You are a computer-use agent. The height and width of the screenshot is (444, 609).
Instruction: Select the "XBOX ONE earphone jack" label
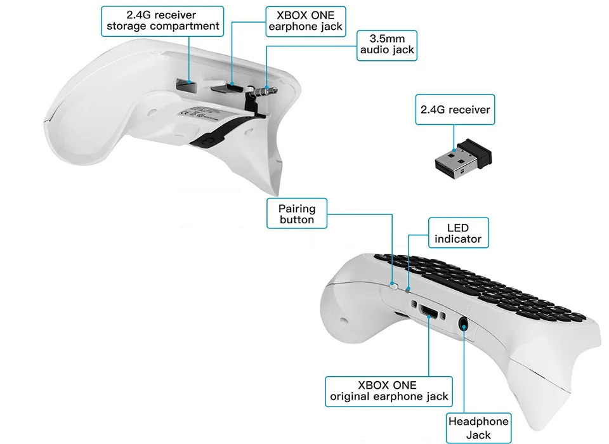306,21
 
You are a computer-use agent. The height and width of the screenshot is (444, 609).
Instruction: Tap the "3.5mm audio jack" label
387,45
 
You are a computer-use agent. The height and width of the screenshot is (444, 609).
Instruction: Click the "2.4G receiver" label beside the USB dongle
455,110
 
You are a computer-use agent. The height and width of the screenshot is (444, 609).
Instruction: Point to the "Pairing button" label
296,214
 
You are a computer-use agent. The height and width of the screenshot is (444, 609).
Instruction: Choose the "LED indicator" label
458,233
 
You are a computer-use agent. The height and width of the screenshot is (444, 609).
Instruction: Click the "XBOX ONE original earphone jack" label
389,391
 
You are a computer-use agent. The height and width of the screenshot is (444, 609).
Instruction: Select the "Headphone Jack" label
478,428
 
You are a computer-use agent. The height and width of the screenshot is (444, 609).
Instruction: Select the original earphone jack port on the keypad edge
429,311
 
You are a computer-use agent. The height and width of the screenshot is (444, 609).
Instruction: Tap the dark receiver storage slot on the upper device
184,82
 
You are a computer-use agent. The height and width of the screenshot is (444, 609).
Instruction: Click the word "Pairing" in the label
296,208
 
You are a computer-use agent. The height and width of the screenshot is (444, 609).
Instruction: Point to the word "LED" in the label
458,228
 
